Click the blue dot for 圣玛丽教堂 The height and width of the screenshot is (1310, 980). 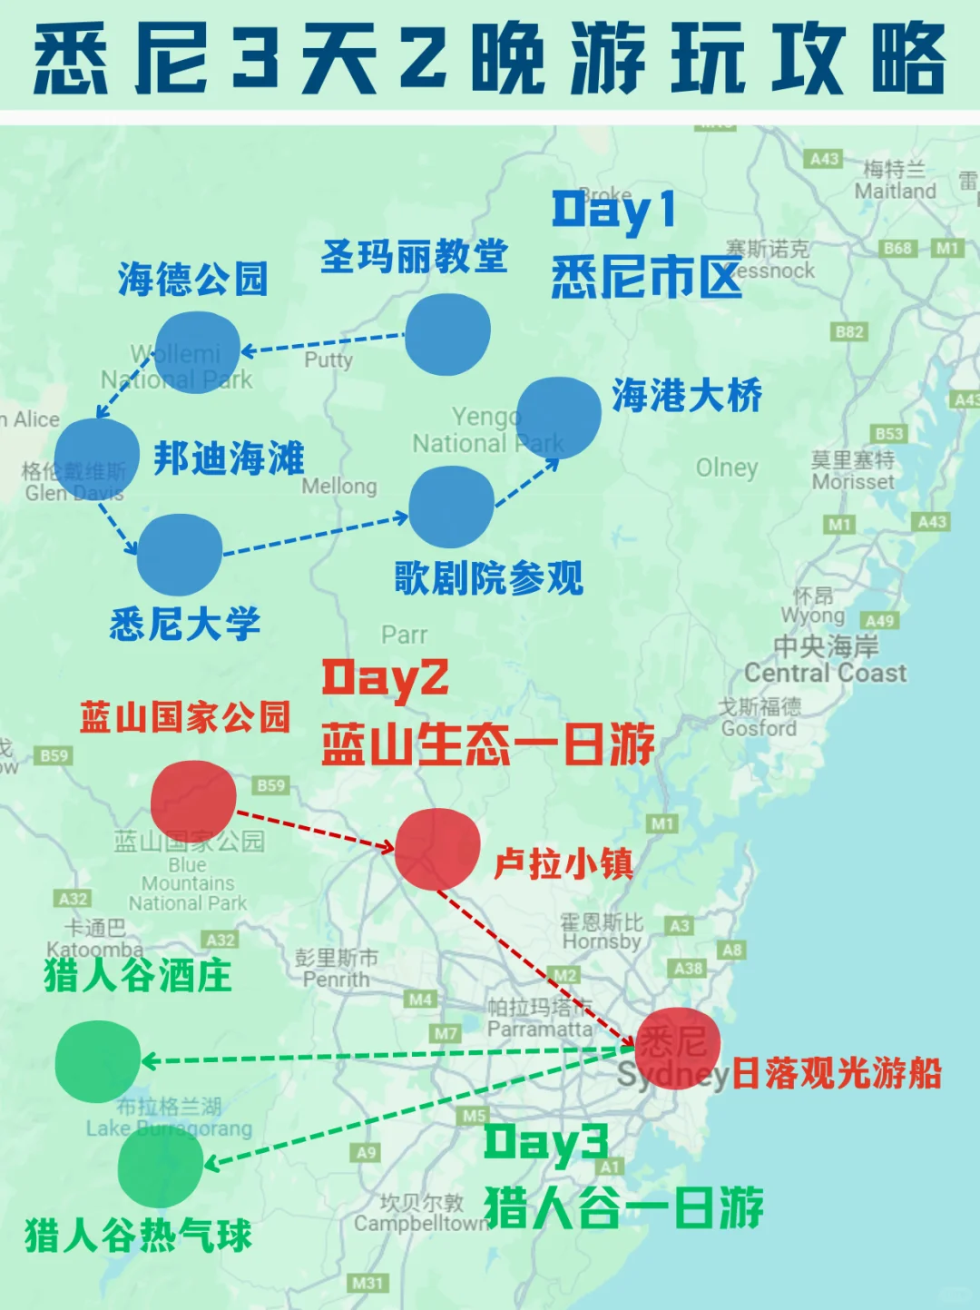[x=447, y=333]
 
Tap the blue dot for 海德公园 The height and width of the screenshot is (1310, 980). [x=197, y=350]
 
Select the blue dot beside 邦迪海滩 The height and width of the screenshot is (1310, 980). [x=96, y=458]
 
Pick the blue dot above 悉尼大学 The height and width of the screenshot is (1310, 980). [x=180, y=555]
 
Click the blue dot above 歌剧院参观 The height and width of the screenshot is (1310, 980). [x=451, y=507]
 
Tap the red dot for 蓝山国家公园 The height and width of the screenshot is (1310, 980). [x=193, y=799]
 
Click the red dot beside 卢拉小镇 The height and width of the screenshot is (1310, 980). [x=437, y=849]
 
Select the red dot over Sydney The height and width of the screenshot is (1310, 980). [x=677, y=1047]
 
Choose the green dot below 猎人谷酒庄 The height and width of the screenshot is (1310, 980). [x=97, y=1061]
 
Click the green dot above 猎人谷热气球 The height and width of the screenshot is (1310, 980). [x=161, y=1166]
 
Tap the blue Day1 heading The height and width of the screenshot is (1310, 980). [x=613, y=211]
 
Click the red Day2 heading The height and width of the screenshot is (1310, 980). [x=385, y=678]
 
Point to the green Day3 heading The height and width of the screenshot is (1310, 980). [x=545, y=1143]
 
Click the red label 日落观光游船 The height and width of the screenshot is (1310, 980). [x=836, y=1074]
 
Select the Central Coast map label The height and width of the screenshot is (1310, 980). [x=825, y=673]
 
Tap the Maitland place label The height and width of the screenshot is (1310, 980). [x=895, y=192]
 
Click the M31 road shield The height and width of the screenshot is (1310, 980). [x=367, y=1283]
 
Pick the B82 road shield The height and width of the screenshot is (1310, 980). [x=849, y=332]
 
